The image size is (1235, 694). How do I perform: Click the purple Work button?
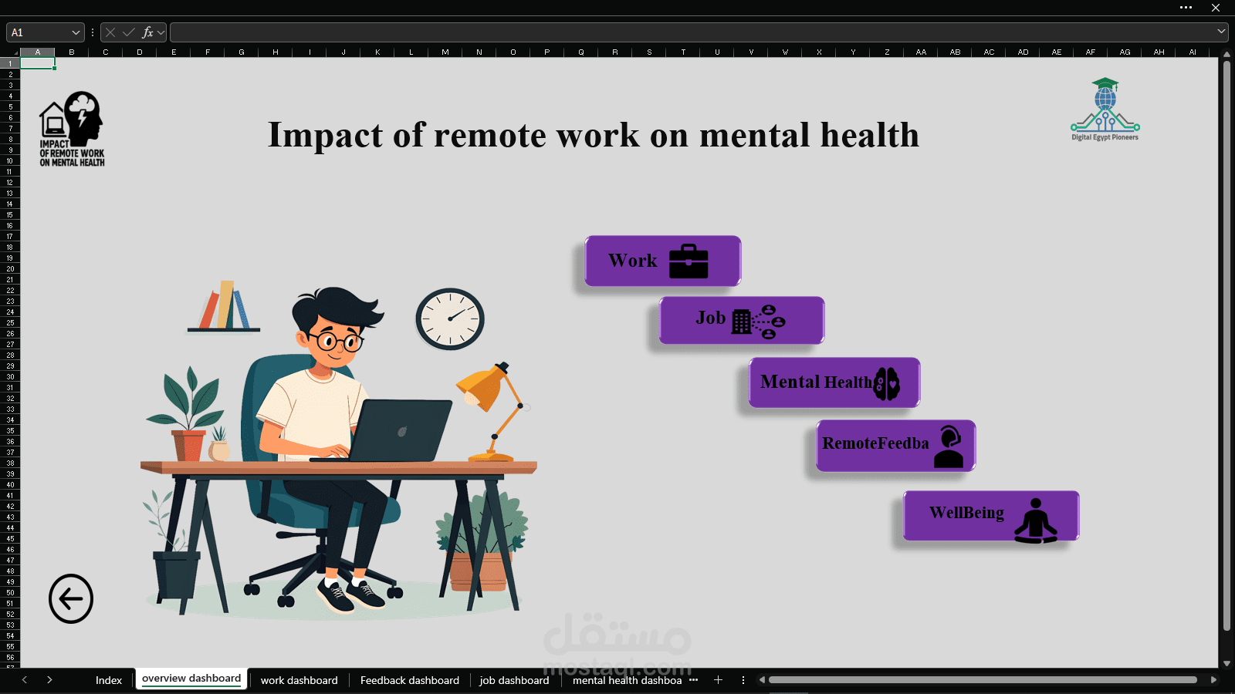pyautogui.click(x=662, y=261)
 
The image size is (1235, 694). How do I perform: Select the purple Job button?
pyautogui.click(x=741, y=320)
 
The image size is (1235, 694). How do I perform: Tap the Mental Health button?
pyautogui.click(x=834, y=382)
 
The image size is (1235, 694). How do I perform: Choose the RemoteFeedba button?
pyautogui.click(x=895, y=445)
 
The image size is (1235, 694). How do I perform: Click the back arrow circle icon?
pyautogui.click(x=71, y=598)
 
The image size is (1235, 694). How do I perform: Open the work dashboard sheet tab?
pyautogui.click(x=299, y=680)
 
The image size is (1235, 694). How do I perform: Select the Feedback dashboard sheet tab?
pyautogui.click(x=409, y=680)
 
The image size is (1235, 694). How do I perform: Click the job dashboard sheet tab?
pyautogui.click(x=514, y=680)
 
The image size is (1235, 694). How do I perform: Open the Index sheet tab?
pyautogui.click(x=109, y=680)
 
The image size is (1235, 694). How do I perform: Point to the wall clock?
pyautogui.click(x=450, y=318)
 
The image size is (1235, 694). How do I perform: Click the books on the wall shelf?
pyautogui.click(x=225, y=306)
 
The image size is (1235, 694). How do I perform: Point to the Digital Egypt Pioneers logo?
pyautogui.click(x=1105, y=109)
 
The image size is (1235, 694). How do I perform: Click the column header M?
pyautogui.click(x=445, y=52)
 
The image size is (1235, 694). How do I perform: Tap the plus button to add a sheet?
pyautogui.click(x=718, y=680)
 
